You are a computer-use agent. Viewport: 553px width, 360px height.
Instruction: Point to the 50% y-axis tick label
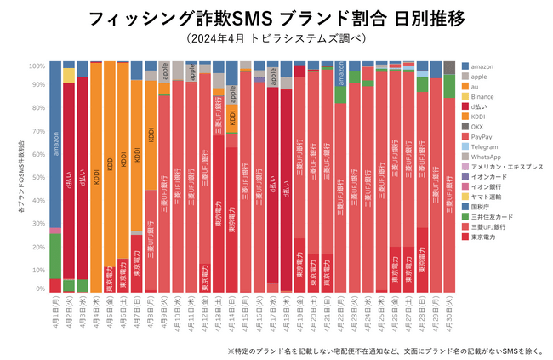tap(38, 178)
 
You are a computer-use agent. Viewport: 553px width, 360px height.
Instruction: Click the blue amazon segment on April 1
tap(55, 145)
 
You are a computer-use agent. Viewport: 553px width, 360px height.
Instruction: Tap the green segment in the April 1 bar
tap(55, 255)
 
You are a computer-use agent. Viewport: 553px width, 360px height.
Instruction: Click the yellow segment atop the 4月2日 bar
tap(69, 75)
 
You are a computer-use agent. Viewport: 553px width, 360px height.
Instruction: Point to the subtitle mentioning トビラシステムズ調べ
tap(276, 39)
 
